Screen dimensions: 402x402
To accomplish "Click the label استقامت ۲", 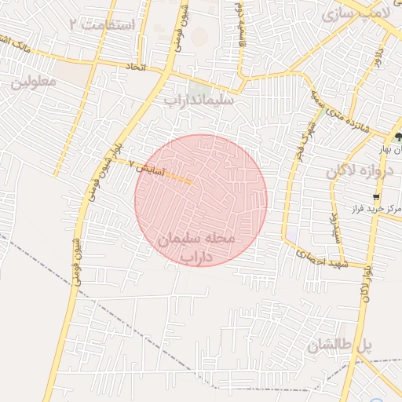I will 103,25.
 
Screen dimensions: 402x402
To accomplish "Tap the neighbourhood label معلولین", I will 31,82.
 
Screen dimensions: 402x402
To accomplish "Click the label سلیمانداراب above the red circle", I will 199,101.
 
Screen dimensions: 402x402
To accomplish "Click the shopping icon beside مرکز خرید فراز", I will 378,197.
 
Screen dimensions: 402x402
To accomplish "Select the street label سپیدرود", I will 333,225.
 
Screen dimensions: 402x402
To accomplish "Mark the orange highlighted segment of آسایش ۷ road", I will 178,179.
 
